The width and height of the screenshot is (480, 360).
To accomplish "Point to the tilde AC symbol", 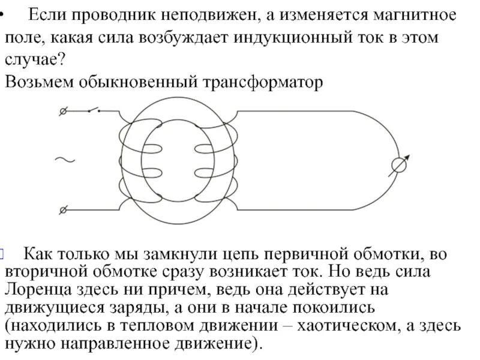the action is (64, 160).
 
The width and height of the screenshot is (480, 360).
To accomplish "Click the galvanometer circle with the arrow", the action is (398, 164).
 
